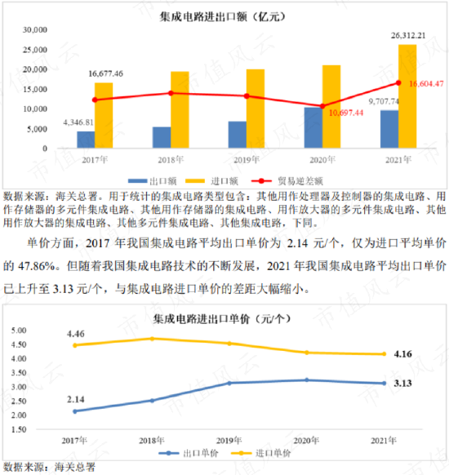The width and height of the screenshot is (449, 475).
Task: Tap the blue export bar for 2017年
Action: point(86,140)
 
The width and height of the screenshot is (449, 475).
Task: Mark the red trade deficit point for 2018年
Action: point(171,93)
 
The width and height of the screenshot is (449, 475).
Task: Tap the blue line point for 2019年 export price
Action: point(229,383)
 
